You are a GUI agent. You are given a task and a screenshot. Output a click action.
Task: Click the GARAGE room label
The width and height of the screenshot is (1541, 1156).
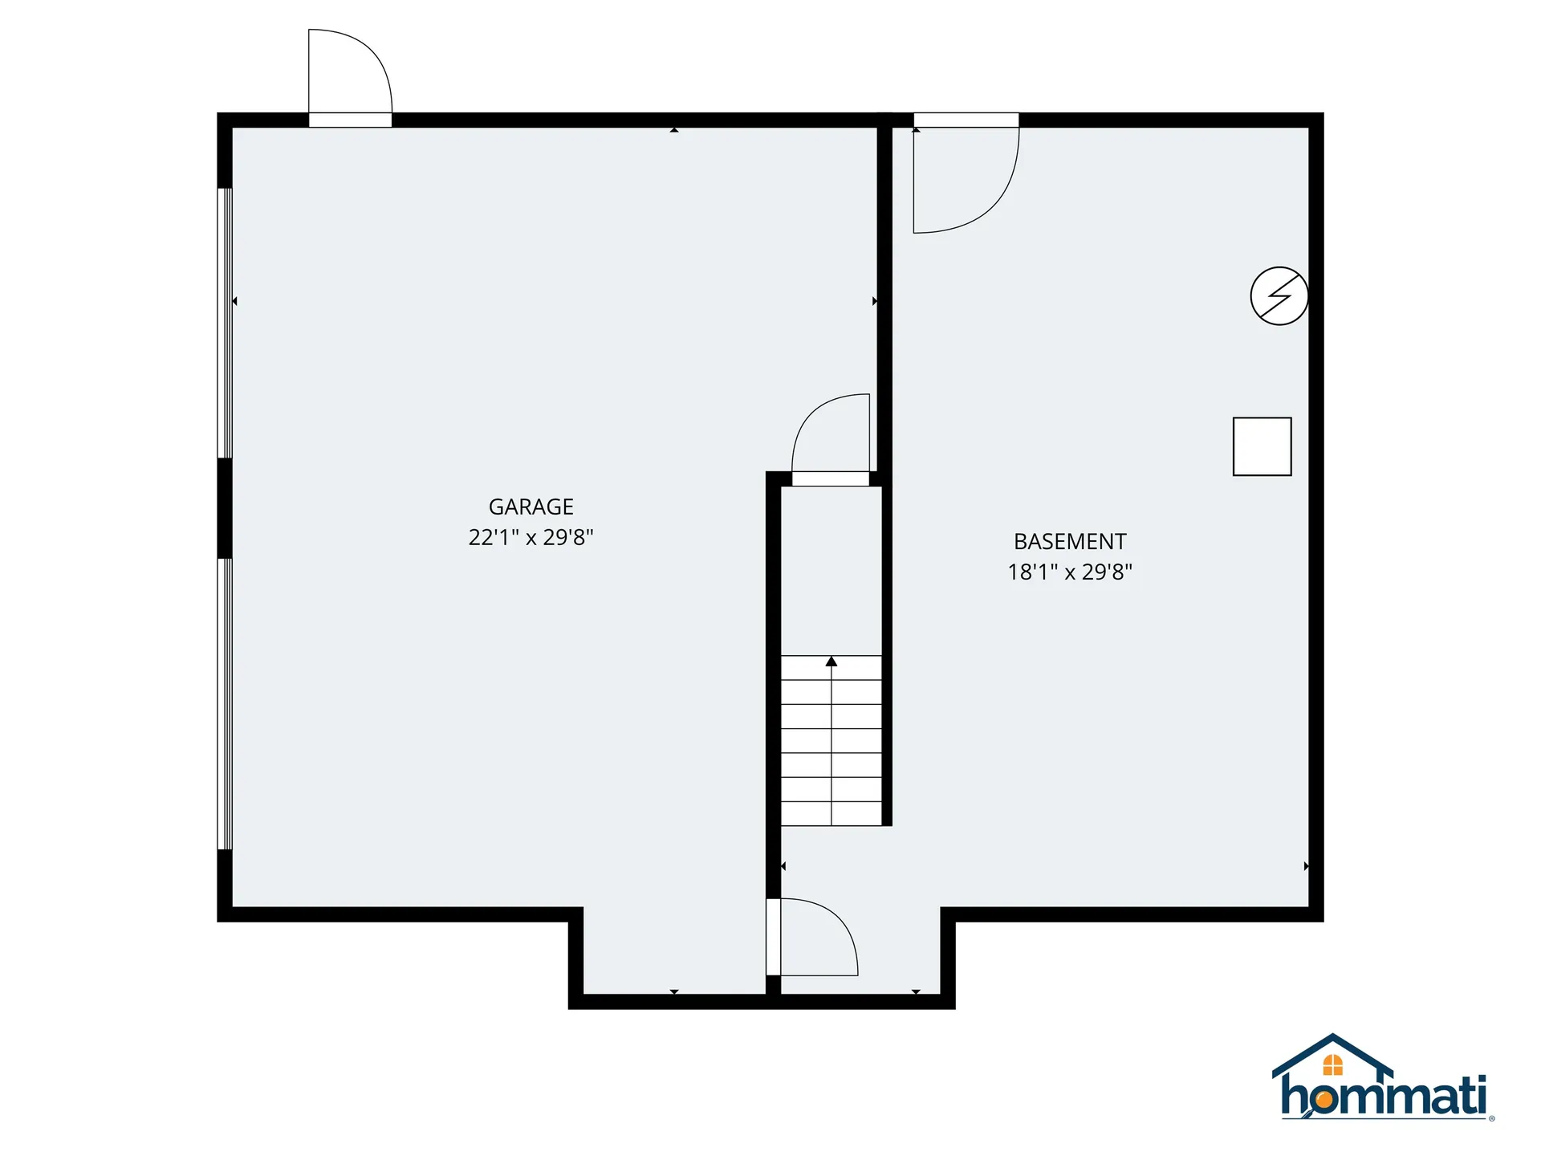coord(531,507)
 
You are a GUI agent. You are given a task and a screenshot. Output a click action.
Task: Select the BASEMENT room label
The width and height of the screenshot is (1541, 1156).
coord(1070,541)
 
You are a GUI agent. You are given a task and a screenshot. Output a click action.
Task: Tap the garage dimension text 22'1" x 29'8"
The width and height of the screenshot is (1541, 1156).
coord(531,537)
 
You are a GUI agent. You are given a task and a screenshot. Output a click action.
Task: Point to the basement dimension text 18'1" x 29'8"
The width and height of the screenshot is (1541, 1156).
coord(1070,572)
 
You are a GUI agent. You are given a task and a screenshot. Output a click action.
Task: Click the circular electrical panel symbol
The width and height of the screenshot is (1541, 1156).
coord(1279,296)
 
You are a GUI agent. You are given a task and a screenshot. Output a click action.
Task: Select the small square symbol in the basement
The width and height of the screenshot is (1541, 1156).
coord(1262,446)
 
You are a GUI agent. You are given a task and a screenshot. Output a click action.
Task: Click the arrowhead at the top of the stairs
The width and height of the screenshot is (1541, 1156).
coord(831,661)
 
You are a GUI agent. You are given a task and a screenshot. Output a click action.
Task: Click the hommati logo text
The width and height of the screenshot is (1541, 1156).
coord(1384,1094)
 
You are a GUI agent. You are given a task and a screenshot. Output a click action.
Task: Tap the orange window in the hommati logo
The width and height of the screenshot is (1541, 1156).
coord(1333,1065)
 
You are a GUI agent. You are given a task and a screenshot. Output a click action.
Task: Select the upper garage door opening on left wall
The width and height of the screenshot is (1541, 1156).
coord(226,323)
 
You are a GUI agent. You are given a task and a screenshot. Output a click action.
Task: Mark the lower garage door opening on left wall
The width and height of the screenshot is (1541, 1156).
coord(226,704)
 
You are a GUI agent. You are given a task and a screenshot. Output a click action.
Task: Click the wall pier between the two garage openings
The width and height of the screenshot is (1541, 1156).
coord(226,508)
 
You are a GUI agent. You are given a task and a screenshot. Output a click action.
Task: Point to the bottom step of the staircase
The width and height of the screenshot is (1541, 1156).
coord(831,814)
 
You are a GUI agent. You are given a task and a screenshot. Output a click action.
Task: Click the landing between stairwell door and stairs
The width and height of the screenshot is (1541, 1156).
coord(831,571)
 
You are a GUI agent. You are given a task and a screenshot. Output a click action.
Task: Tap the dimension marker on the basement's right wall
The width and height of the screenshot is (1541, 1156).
coord(1307,866)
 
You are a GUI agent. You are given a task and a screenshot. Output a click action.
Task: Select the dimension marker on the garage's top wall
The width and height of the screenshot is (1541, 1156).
coord(674,129)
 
